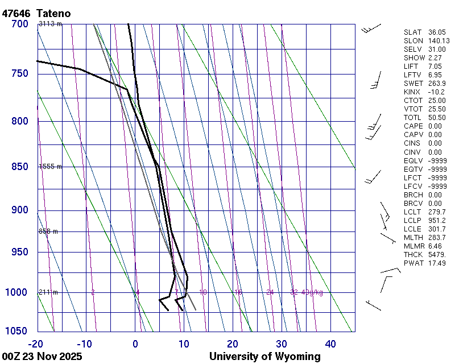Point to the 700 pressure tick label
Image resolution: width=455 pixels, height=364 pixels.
click(19, 24)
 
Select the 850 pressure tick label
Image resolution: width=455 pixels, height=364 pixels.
click(19, 167)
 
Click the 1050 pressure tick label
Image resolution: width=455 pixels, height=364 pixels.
click(16, 331)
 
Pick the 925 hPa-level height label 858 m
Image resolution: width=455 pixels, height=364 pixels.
click(48, 231)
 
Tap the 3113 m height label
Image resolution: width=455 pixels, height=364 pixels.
click(50, 24)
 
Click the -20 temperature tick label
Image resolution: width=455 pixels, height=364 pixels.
click(35, 344)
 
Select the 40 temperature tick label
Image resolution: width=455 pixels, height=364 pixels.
click(330, 344)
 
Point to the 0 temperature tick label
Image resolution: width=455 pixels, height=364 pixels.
click(135, 344)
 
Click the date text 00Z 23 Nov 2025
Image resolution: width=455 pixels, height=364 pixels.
click(42, 357)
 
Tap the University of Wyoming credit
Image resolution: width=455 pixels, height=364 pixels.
click(264, 357)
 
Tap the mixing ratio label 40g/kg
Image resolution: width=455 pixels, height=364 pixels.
click(313, 292)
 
